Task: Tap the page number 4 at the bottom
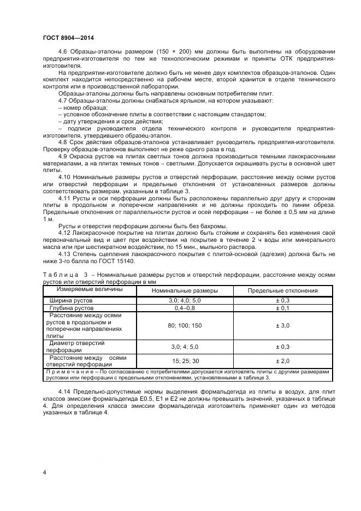point(44,472)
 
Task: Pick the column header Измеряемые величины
point(82,289)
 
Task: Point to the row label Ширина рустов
point(72,301)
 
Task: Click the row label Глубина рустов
point(73,308)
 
